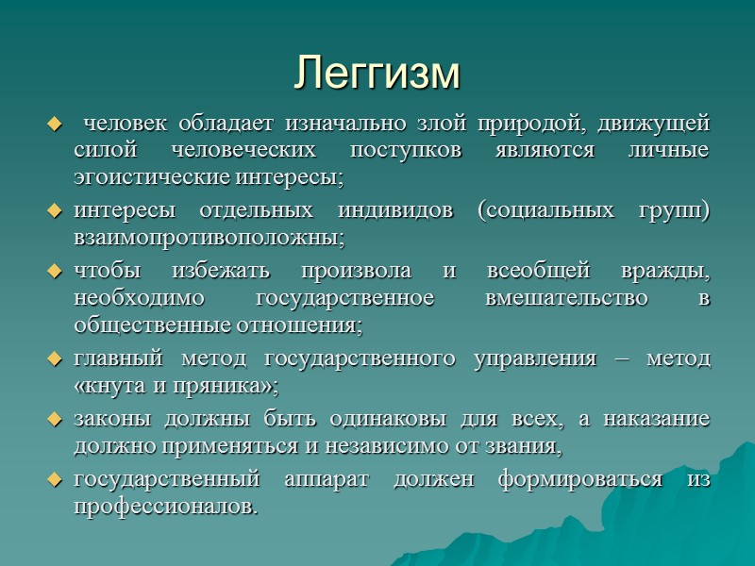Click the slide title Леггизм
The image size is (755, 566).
[x=377, y=73]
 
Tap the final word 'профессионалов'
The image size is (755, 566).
[x=162, y=507]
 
